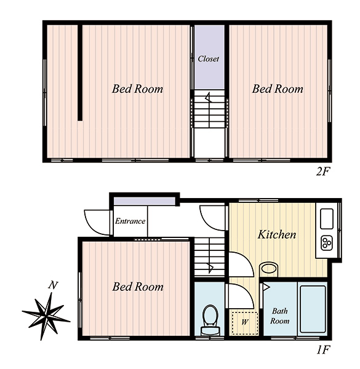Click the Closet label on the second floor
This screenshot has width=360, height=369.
[x=208, y=58]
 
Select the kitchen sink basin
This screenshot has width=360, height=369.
[x=327, y=218]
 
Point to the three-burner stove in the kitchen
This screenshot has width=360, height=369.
[x=327, y=243]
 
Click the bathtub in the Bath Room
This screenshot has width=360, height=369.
[x=313, y=309]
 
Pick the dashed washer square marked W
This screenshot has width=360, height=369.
[x=245, y=323]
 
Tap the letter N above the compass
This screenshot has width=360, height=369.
[x=53, y=285]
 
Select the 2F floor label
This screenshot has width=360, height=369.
[x=322, y=172]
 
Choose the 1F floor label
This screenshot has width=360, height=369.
[x=322, y=350]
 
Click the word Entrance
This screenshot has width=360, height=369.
[x=130, y=221]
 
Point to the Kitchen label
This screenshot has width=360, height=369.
[x=277, y=234]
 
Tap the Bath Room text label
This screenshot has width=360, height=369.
[x=280, y=316]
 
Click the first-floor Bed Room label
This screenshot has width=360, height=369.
[x=138, y=287]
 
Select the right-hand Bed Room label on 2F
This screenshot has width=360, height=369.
[x=278, y=89]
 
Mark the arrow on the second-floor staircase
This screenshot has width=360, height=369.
[x=209, y=97]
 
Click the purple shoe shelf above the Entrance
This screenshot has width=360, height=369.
[x=145, y=202]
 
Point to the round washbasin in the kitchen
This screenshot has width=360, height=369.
[x=269, y=269]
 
